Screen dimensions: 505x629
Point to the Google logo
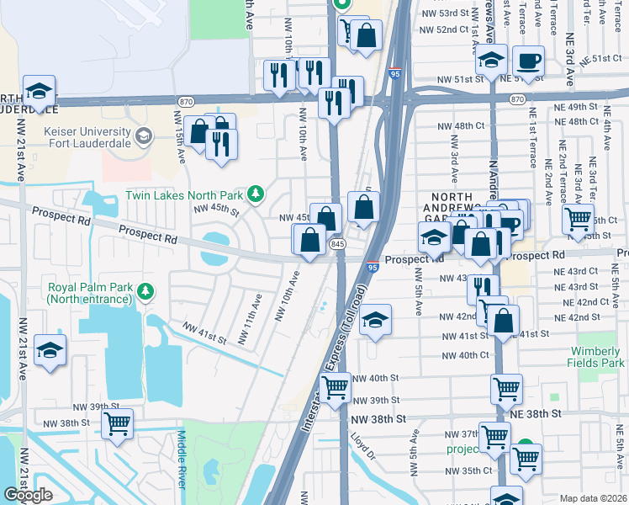[28, 495]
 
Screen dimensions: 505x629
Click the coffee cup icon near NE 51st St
[528, 60]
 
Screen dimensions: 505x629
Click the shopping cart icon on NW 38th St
[117, 423]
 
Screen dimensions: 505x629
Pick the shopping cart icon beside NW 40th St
[336, 388]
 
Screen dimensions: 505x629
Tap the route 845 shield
[338, 243]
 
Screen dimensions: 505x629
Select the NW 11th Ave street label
[244, 319]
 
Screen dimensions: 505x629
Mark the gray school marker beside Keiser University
[143, 135]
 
